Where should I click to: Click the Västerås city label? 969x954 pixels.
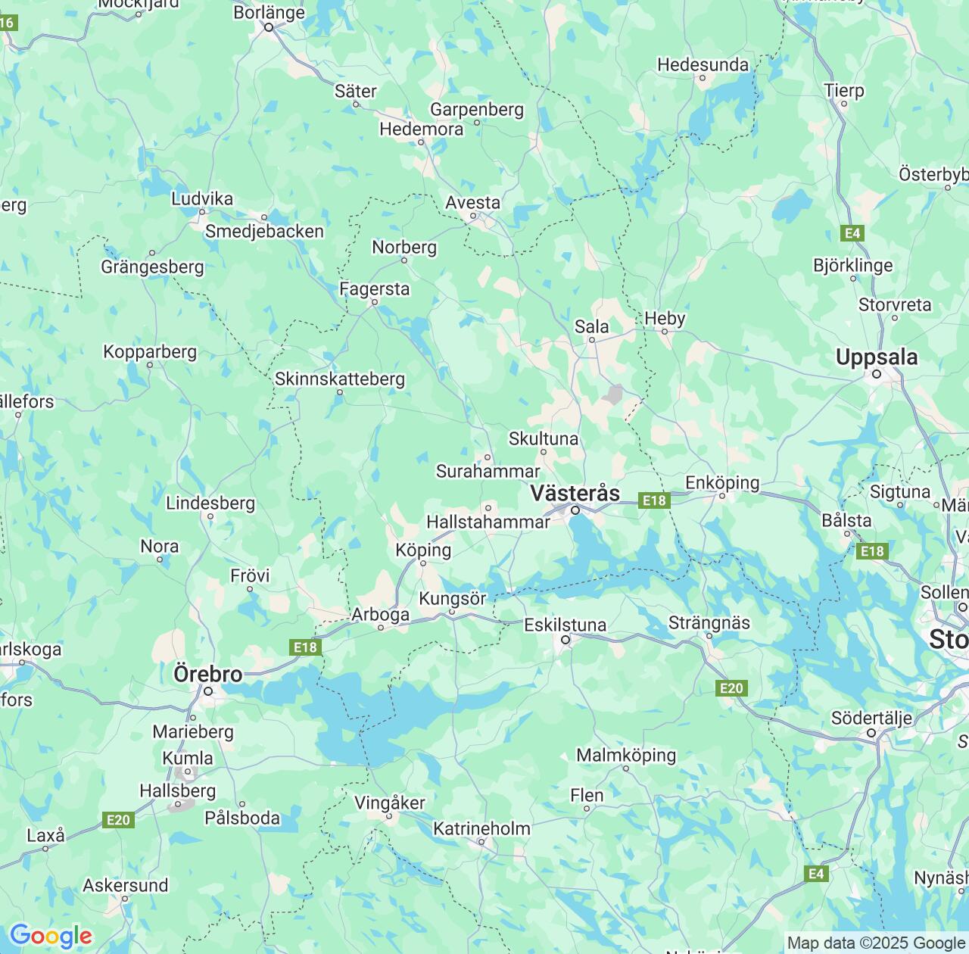coord(575,493)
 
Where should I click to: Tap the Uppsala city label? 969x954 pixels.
coord(877,357)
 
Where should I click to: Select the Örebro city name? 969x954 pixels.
coord(208,673)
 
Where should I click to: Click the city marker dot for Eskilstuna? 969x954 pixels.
coord(566,640)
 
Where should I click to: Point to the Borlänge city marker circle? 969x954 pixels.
coord(268,27)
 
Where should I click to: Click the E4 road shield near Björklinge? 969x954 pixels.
coord(853,233)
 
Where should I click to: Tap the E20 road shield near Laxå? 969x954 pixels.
coord(118,820)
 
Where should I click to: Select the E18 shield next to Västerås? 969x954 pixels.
coord(654,500)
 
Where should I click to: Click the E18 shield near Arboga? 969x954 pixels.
coord(305,647)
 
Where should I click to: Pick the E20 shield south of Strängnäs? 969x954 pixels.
coord(731,688)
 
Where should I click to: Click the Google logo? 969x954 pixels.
coord(51,937)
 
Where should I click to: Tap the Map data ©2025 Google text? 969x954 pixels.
coord(876,943)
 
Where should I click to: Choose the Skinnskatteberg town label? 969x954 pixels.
coord(340,379)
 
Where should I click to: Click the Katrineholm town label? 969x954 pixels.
coord(481,828)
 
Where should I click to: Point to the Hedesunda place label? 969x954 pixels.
coord(703,65)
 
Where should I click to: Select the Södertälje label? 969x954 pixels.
coord(871,717)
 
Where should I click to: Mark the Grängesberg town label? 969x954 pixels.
coord(152,267)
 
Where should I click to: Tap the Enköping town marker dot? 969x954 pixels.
coord(722,496)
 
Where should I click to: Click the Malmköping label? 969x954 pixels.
coord(626,755)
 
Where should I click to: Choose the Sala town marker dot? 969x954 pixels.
coord(592,340)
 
